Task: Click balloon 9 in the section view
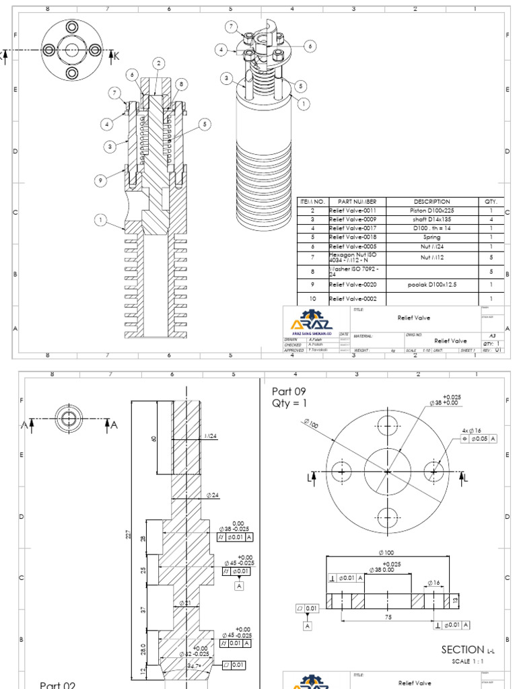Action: point(100,180)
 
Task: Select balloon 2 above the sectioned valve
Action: point(159,63)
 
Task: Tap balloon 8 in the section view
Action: point(181,83)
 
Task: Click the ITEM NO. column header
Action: point(312,201)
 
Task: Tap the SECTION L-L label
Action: point(466,650)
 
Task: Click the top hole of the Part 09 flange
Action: point(387,423)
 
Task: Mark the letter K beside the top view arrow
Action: point(116,56)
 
